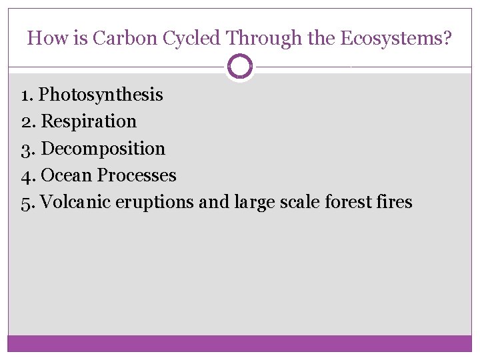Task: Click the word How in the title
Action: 45,38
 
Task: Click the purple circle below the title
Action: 240,66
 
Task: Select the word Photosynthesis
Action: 101,95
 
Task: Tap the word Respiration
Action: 89,121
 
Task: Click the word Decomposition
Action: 103,149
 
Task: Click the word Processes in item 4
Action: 137,175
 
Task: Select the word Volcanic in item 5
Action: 75,202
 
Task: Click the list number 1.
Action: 26,95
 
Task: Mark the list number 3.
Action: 27,149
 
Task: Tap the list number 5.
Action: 27,202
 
